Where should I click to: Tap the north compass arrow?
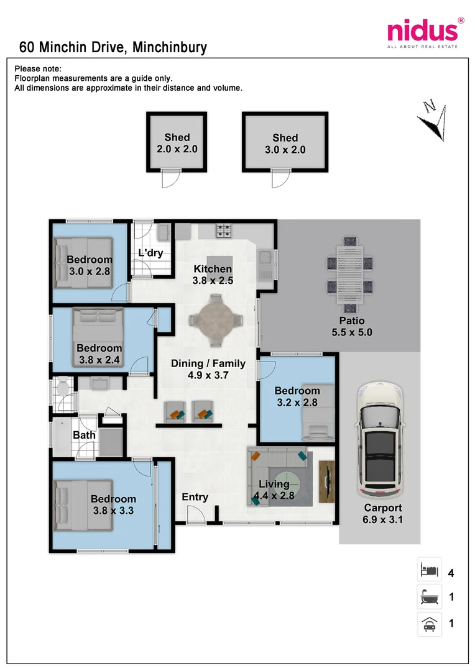tap(433, 121)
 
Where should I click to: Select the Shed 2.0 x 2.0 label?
tap(177, 143)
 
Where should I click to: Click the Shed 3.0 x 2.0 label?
tap(285, 144)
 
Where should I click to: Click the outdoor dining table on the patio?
tap(350, 275)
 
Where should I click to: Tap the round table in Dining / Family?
tap(216, 320)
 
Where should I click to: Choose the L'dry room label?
tap(150, 253)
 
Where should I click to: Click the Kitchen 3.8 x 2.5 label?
tap(213, 275)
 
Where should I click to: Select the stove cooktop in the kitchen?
tap(223, 231)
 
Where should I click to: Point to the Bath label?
tap(84, 435)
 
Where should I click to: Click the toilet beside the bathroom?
tap(63, 386)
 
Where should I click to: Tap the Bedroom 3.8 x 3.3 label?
tap(114, 505)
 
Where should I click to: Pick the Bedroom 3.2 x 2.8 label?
tap(297, 396)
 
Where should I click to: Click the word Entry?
tap(195, 497)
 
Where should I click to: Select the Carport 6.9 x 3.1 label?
tap(383, 514)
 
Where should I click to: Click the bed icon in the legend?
tap(429, 570)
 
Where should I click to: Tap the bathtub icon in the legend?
tap(429, 596)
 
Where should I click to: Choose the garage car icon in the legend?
tap(429, 624)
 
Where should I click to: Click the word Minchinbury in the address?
tap(170, 47)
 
